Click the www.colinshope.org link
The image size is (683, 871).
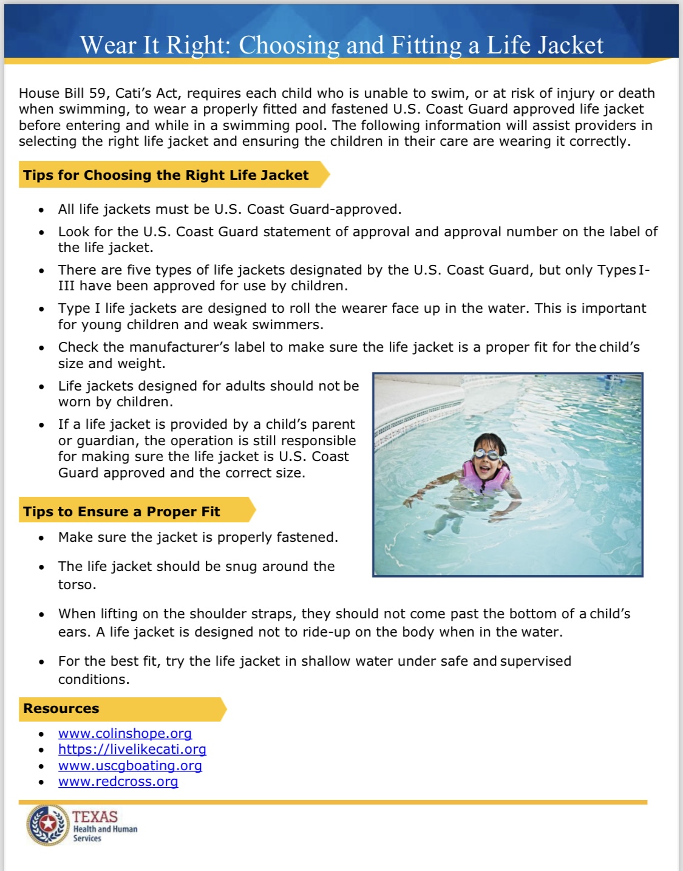124,734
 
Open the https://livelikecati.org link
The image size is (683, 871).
132,750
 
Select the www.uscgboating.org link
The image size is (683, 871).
130,766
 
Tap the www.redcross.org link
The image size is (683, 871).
118,782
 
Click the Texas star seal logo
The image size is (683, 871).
48,824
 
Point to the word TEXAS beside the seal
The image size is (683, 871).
95,817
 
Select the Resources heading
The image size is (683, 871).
61,709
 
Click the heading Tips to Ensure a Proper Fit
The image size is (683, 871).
121,511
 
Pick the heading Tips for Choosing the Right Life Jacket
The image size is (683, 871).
166,176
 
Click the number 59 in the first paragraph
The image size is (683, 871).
97,94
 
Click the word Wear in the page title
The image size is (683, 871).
108,46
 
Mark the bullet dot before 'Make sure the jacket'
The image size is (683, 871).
41,538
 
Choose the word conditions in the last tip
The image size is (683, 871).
93,680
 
